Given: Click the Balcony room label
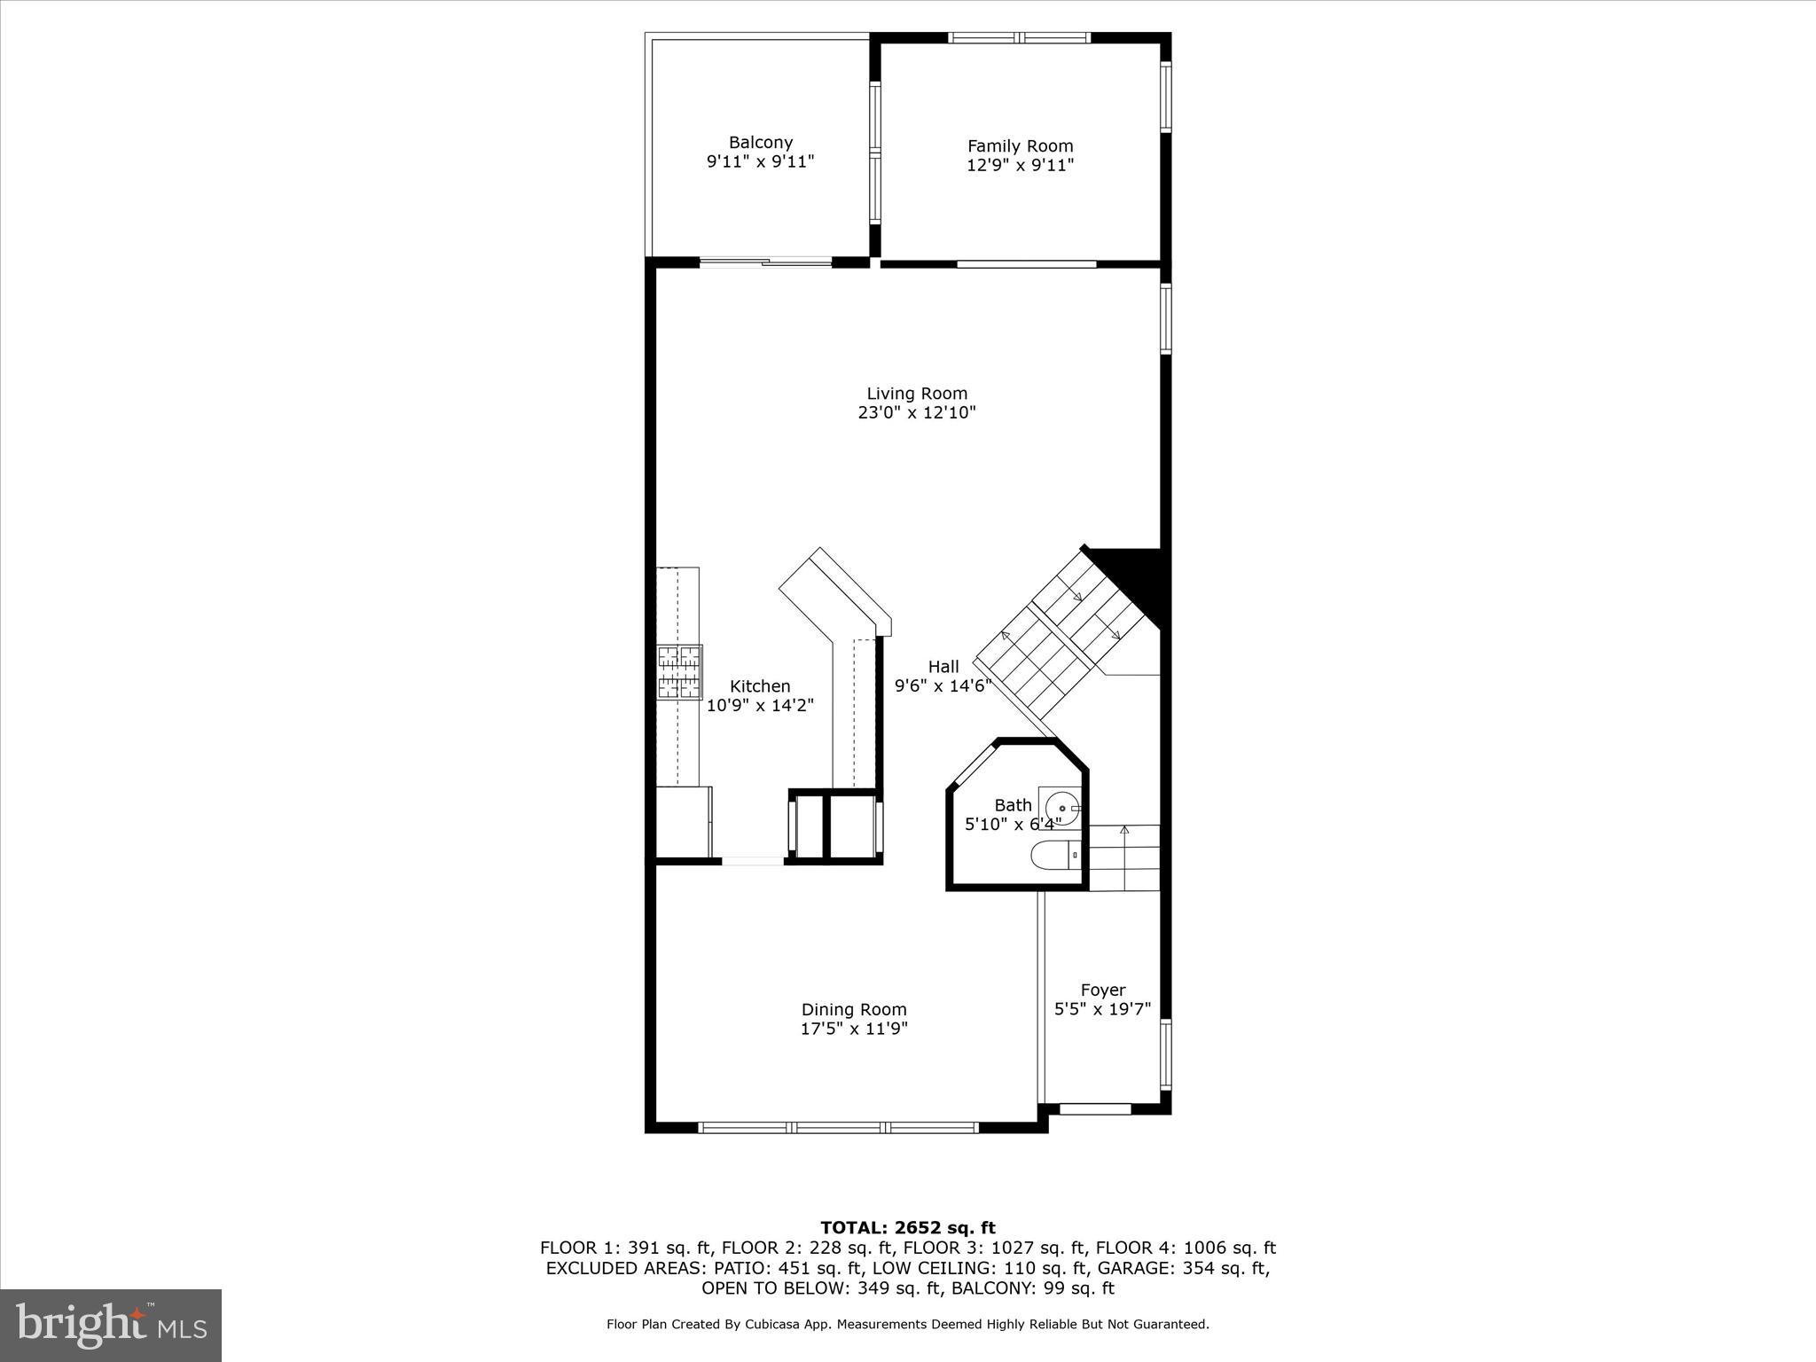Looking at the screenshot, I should pyautogui.click(x=760, y=142).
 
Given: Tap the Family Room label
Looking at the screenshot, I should pyautogui.click(x=1020, y=146).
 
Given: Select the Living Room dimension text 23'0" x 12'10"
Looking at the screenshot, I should pyautogui.click(x=917, y=412).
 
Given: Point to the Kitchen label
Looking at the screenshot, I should pyautogui.click(x=760, y=686).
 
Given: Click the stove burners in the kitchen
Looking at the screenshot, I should pyautogui.click(x=679, y=671).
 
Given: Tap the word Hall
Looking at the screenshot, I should pyautogui.click(x=943, y=667).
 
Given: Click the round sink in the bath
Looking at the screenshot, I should pyautogui.click(x=1061, y=809).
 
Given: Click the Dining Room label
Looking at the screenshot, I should pyautogui.click(x=854, y=1009).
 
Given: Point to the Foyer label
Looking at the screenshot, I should pyautogui.click(x=1103, y=990).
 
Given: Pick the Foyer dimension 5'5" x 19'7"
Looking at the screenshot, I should pyautogui.click(x=1102, y=1009).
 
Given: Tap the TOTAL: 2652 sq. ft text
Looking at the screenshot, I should pyautogui.click(x=907, y=1228).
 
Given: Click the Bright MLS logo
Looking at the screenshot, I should pyautogui.click(x=111, y=1325).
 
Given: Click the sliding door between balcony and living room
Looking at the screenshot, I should pyautogui.click(x=766, y=262).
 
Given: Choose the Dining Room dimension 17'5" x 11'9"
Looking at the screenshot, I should pyautogui.click(x=854, y=1029).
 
